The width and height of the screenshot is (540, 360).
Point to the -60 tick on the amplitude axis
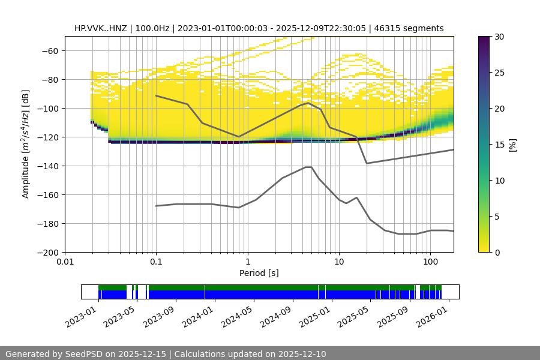[49, 50]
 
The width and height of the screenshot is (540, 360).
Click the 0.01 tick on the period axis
[65, 262]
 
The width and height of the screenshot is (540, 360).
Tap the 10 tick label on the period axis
[338, 262]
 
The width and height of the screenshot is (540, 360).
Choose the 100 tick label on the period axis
[430, 262]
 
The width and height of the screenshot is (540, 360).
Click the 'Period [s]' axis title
[259, 273]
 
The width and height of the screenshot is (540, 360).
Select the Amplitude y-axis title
[26, 144]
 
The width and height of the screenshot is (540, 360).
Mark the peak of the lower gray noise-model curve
[308, 167]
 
